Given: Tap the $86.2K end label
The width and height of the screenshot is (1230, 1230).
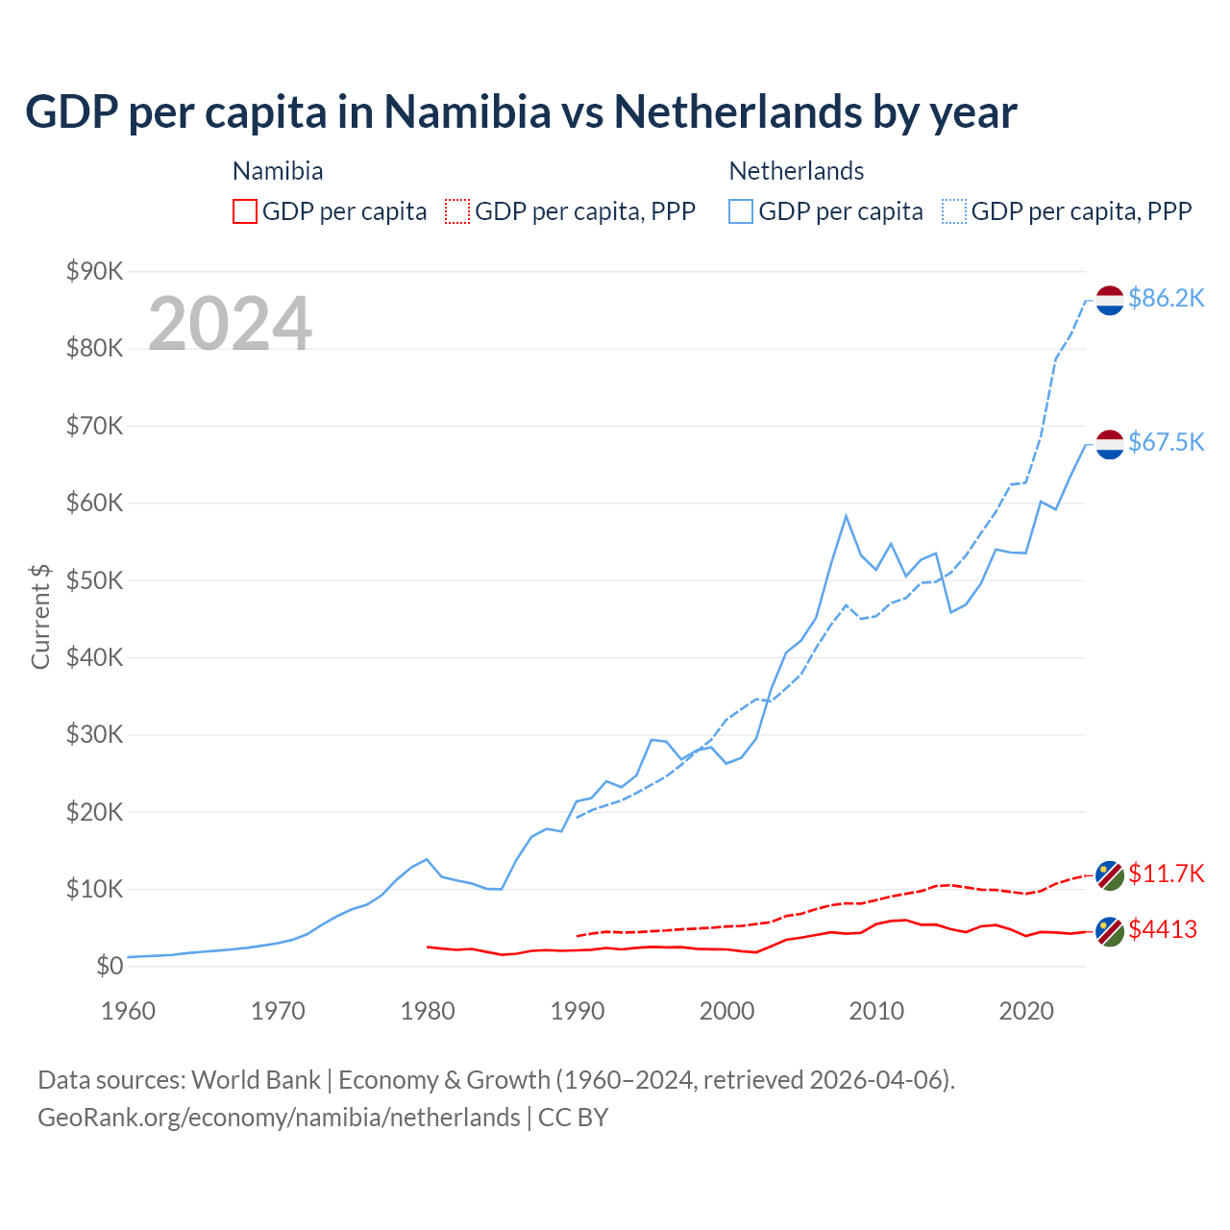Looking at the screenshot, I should [1166, 299].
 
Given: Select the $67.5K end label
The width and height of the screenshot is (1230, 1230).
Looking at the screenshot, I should [1166, 442].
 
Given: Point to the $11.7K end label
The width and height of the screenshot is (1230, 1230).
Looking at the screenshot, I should [1166, 873].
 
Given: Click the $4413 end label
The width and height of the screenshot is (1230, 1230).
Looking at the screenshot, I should [1163, 930].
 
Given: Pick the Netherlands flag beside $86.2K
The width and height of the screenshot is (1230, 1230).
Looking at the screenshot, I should [1110, 300].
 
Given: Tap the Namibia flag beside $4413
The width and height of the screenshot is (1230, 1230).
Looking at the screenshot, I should [1110, 931].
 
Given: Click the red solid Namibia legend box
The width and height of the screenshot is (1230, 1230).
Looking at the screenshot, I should [245, 211].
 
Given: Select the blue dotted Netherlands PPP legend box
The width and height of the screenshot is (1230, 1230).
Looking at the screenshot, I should [954, 211].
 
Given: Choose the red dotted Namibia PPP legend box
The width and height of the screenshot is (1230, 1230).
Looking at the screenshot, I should [457, 211].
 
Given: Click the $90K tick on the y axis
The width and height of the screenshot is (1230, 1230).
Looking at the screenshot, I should [94, 272].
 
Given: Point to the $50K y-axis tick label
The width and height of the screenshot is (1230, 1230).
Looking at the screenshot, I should [94, 580].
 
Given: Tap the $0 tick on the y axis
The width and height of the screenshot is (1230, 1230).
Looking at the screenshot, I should [109, 967].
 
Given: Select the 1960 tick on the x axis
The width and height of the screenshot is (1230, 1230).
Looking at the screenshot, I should [128, 1011].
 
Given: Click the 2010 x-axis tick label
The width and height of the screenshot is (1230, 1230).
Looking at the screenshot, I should [876, 1011].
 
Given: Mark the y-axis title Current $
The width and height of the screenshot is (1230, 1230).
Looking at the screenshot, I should [40, 616].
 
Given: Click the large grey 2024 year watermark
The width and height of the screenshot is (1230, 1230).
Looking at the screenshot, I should [230, 324].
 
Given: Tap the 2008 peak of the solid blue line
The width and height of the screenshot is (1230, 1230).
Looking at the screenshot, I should [846, 516].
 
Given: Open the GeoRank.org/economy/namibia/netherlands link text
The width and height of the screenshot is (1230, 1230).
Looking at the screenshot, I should [279, 1118].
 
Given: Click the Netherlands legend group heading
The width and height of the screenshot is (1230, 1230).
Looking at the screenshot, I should [797, 171].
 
